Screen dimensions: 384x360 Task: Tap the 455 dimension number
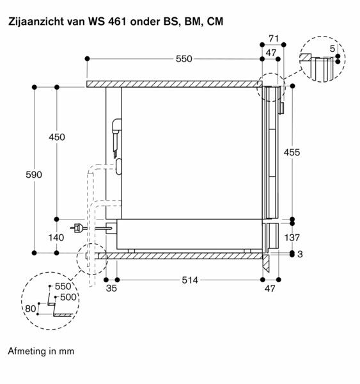[x=292, y=152]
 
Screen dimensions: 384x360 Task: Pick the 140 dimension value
[x=57, y=237]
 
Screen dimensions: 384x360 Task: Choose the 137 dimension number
[x=292, y=237]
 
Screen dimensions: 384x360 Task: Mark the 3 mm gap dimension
[x=299, y=255]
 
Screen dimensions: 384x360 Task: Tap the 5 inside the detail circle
[x=332, y=49]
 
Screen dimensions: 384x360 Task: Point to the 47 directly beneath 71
[x=270, y=52]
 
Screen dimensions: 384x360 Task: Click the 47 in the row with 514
[x=270, y=289]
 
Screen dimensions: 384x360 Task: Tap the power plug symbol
[x=78, y=227]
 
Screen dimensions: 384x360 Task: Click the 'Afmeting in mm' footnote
[x=41, y=351]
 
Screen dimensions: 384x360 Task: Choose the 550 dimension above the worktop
[x=184, y=59]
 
